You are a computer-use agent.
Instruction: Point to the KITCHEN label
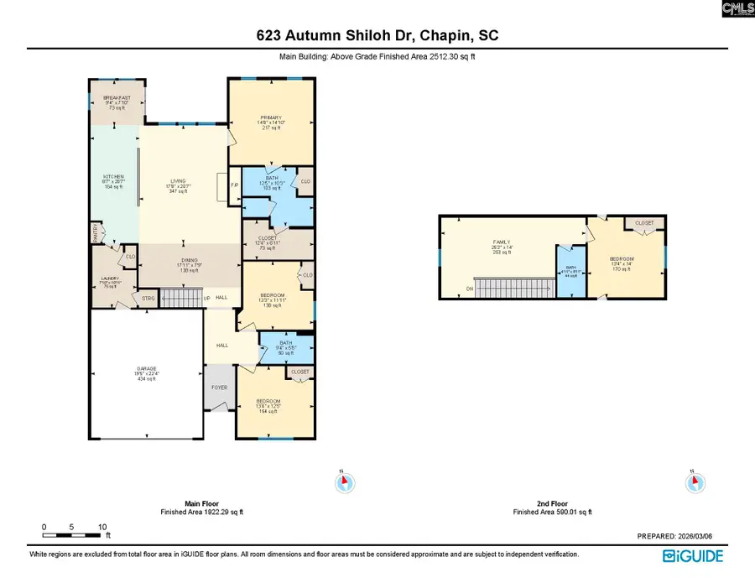[113, 177]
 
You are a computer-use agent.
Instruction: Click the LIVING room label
[178, 180]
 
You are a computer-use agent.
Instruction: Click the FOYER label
[218, 387]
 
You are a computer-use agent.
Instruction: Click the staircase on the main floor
[181, 298]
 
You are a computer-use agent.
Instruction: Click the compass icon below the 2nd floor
[695, 483]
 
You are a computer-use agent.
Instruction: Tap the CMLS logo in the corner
[737, 8]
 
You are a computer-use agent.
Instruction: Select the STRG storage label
[148, 297]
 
